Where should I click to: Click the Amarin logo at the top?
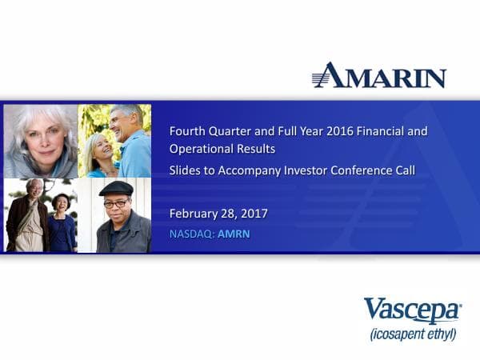click(x=379, y=75)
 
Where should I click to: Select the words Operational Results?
click(x=222, y=149)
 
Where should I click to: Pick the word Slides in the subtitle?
click(x=186, y=170)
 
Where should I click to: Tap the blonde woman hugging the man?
click(x=101, y=154)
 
